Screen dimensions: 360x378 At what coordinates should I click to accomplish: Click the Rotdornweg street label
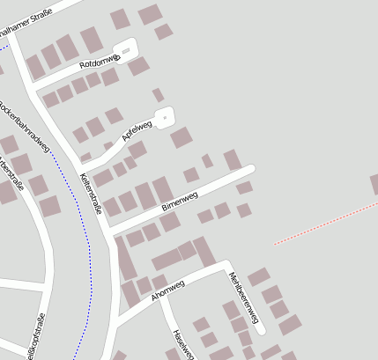[98, 62]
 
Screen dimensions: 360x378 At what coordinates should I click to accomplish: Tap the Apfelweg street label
[137, 131]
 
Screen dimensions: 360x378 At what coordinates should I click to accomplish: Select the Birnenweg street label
[180, 201]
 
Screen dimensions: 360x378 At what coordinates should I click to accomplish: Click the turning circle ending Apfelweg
[163, 115]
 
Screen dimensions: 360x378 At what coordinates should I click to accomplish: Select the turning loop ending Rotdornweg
[128, 48]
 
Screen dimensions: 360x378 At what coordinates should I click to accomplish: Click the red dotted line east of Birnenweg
[326, 221]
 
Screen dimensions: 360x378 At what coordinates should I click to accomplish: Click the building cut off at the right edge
[374, 185]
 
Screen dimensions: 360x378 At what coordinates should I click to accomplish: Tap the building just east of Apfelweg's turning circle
[181, 137]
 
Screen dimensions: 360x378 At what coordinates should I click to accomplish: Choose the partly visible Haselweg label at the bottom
[182, 345]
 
